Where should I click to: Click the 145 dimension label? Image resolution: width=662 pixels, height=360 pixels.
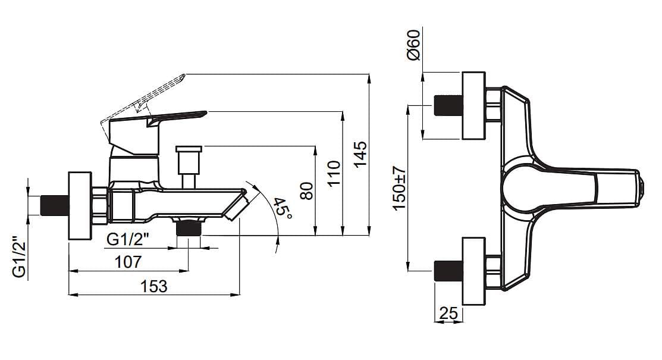(360, 154)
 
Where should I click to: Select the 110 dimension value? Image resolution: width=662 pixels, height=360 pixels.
(334, 173)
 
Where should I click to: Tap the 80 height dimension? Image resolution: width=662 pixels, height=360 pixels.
(306, 190)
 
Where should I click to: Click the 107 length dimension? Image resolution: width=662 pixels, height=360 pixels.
(128, 262)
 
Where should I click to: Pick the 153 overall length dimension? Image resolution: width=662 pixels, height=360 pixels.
(153, 286)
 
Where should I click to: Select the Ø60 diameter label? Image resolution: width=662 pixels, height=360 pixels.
(413, 45)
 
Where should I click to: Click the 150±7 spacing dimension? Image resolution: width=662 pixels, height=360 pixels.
(399, 188)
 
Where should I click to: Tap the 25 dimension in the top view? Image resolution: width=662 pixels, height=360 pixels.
(448, 313)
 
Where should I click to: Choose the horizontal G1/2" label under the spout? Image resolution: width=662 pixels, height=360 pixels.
(128, 240)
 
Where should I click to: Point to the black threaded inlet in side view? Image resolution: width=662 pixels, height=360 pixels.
(55, 205)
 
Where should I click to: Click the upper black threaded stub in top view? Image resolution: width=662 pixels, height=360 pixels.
(448, 105)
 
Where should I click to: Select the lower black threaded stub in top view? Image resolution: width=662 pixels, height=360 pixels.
(448, 270)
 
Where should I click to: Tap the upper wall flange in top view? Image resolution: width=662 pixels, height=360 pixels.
(473, 106)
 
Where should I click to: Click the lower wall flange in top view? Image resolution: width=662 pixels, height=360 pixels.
(473, 271)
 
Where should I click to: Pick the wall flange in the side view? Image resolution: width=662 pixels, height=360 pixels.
(80, 206)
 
